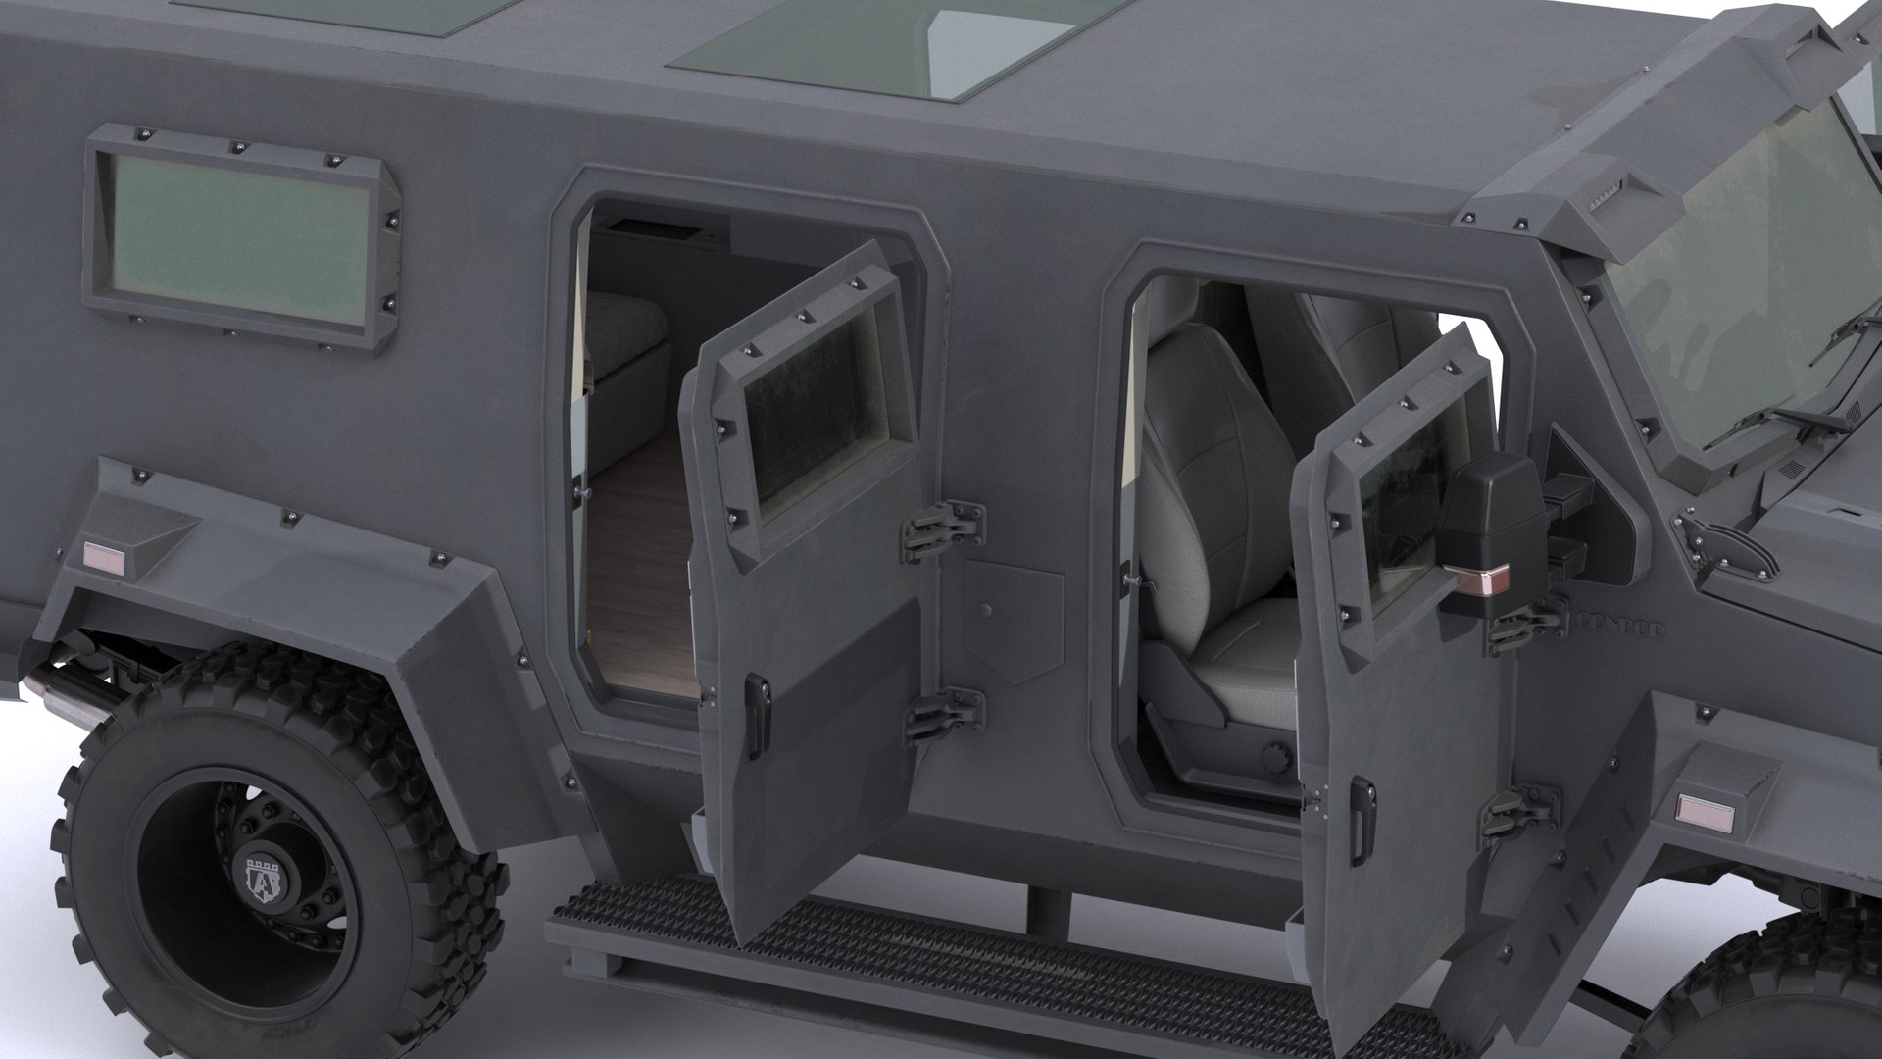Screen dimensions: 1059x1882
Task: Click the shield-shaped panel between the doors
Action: tap(1014, 622)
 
